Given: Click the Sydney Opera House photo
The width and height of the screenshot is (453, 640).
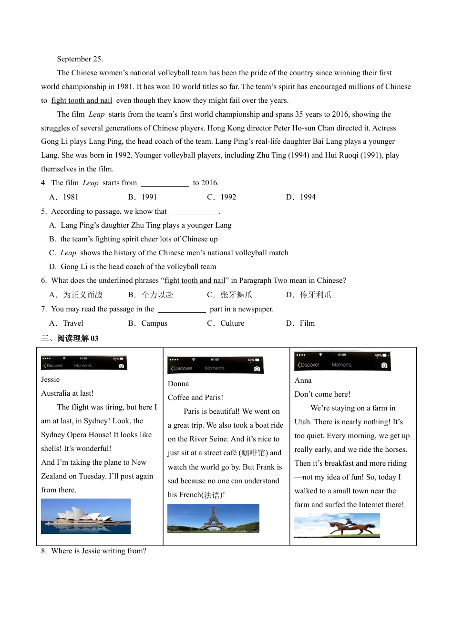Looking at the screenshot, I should click(86, 516).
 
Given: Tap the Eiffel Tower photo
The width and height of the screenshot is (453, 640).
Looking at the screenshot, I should click(213, 518).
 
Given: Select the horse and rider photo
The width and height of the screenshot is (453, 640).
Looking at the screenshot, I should click(337, 525).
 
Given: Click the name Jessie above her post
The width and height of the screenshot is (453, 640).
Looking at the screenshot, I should click(51, 380).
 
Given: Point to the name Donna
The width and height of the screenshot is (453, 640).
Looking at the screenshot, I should click(178, 384).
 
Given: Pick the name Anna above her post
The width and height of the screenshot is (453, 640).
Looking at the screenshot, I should click(303, 380).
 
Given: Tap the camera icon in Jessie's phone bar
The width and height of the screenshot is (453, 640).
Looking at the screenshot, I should click(121, 366).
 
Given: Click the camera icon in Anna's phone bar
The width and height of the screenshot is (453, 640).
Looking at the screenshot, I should click(384, 365).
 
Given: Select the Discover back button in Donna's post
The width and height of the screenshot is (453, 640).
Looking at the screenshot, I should click(181, 369).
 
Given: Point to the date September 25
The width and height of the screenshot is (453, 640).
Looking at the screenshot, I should click(80, 59).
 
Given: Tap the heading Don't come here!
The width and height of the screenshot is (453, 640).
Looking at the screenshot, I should click(322, 394).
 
